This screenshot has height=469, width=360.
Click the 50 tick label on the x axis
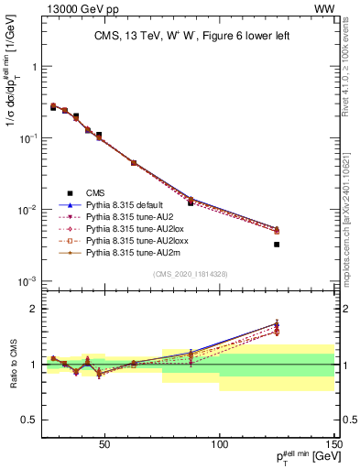pyautogui.click(x=104, y=444)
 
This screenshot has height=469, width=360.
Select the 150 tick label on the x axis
pyautogui.click(x=333, y=444)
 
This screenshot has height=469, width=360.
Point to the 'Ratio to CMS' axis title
pyautogui.click(x=13, y=365)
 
